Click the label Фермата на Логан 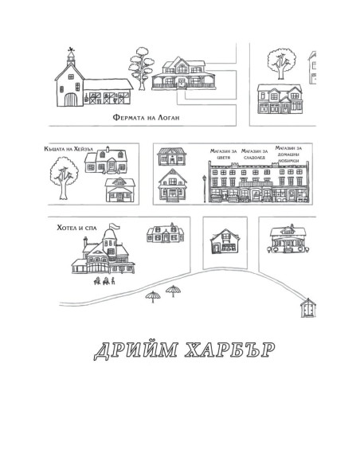(x=147, y=118)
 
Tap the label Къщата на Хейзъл (x=68, y=149)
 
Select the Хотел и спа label (x=76, y=228)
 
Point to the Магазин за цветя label (x=223, y=154)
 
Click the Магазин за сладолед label (x=254, y=154)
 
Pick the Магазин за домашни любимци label (x=288, y=154)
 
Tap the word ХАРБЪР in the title (x=229, y=350)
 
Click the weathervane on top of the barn (x=71, y=50)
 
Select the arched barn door (x=71, y=100)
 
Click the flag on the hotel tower (x=115, y=227)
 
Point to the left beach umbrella (x=153, y=296)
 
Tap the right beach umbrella (x=173, y=291)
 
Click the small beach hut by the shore (x=308, y=308)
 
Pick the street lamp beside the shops (x=205, y=189)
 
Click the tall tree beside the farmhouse (x=142, y=68)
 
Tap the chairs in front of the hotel (x=104, y=281)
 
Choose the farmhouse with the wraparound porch (x=183, y=73)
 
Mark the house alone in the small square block (x=225, y=241)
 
